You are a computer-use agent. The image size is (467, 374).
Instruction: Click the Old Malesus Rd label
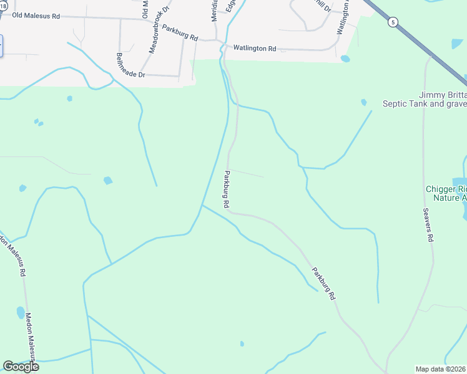[x=36, y=15]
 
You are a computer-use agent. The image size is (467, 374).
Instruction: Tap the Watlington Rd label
[x=254, y=48]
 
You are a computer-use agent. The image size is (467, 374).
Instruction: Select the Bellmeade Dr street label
[x=130, y=65]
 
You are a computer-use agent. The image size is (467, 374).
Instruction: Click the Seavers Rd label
[x=428, y=224]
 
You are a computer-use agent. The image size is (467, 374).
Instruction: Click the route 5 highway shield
[x=392, y=22]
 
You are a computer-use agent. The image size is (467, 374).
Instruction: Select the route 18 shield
[x=3, y=5]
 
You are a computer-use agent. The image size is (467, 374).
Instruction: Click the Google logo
[x=21, y=366]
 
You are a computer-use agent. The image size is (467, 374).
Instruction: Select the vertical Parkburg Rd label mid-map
[x=227, y=189]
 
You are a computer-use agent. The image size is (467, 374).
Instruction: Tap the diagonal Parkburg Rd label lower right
[x=323, y=284]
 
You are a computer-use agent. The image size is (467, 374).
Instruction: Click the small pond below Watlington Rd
[x=345, y=59]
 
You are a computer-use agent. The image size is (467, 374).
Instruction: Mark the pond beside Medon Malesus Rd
[x=21, y=312]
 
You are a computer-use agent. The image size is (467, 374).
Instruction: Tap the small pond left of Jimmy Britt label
[x=363, y=102]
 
